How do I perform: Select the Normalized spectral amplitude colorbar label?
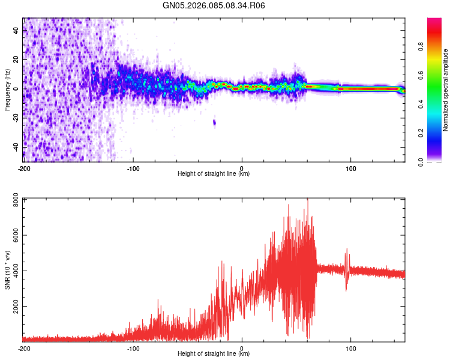[445, 90]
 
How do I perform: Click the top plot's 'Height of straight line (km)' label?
[214, 174]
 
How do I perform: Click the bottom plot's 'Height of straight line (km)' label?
[214, 354]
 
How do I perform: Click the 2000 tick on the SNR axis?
[13, 307]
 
